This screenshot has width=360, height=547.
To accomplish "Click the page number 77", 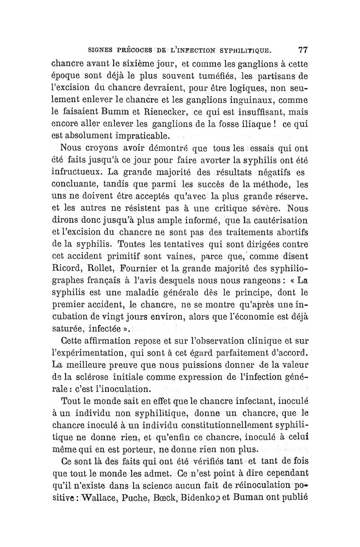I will tap(299, 49).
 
